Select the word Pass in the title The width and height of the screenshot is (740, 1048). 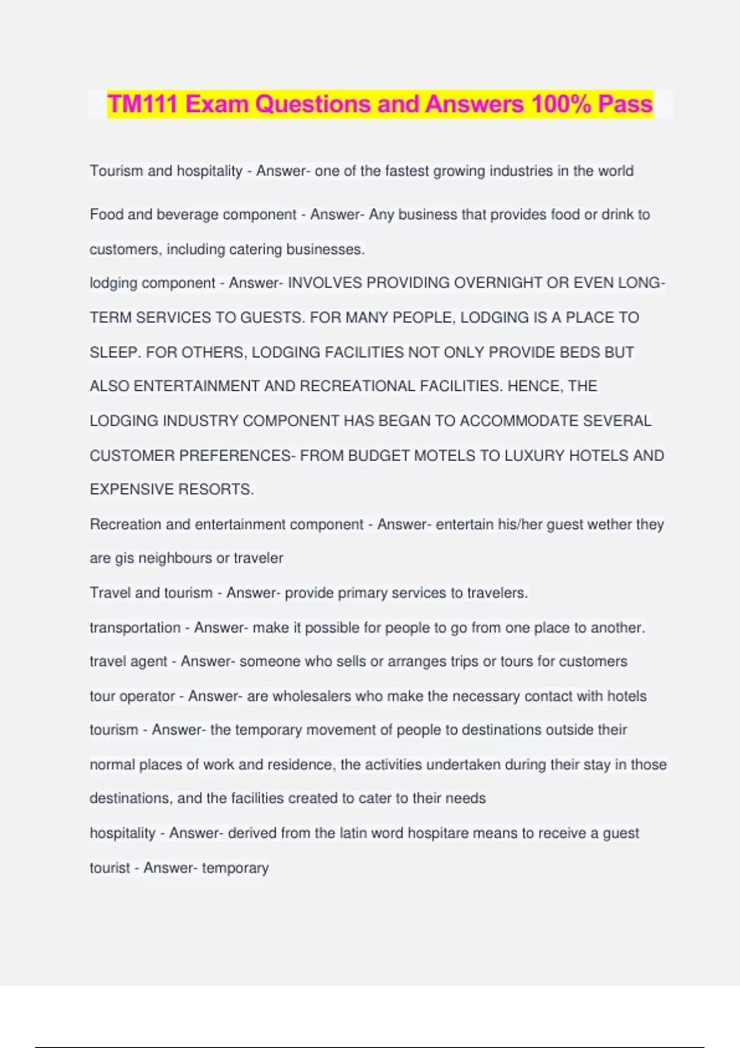point(625,104)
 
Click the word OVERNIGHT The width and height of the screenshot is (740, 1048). point(495,283)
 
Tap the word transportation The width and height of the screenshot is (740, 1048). point(135,628)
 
